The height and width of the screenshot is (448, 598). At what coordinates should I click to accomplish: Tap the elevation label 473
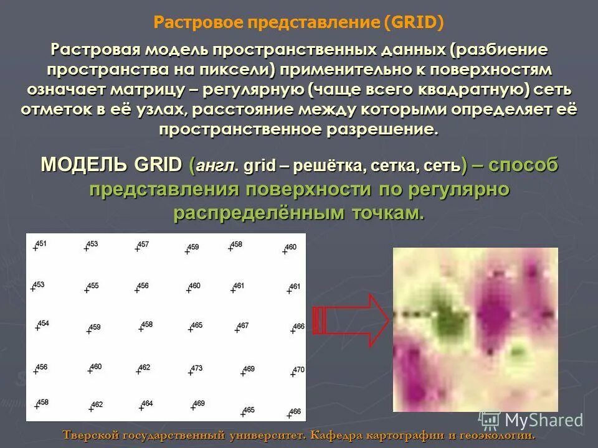197,368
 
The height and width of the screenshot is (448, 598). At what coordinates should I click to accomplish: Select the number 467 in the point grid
243,325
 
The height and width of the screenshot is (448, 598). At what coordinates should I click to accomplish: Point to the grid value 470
299,370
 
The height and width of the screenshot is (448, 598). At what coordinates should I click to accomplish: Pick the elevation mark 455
93,286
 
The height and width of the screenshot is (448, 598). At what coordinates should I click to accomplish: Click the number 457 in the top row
143,245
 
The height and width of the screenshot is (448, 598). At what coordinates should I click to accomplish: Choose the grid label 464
147,404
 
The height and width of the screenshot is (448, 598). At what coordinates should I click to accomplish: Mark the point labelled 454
43,323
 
